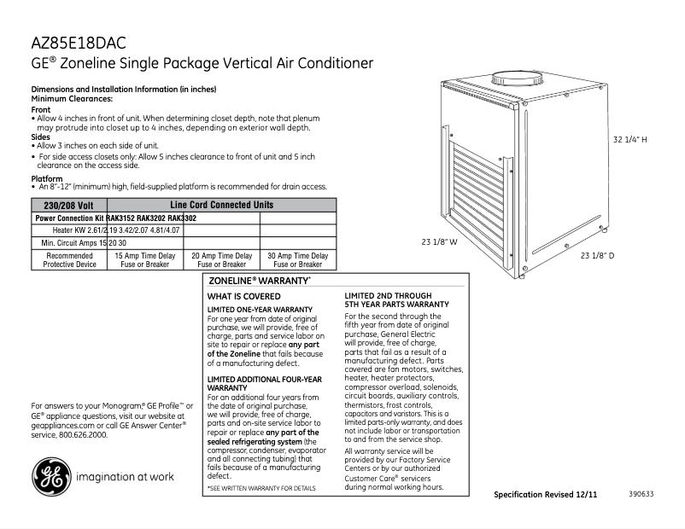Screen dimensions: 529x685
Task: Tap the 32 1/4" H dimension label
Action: click(x=631, y=139)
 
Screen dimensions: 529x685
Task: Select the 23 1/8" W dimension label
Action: click(x=440, y=242)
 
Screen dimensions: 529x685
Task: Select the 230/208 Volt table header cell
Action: click(x=68, y=206)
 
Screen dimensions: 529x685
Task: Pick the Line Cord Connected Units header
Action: click(x=221, y=206)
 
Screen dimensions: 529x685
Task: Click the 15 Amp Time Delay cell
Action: click(x=144, y=260)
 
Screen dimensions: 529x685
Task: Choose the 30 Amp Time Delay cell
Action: click(x=297, y=260)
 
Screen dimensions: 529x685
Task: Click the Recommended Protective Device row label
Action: click(x=69, y=260)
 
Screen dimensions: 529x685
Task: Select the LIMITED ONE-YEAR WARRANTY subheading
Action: click(x=260, y=309)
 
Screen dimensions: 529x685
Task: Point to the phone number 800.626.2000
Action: click(x=82, y=434)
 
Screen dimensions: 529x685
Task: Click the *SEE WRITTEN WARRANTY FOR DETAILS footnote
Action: click(x=261, y=488)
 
